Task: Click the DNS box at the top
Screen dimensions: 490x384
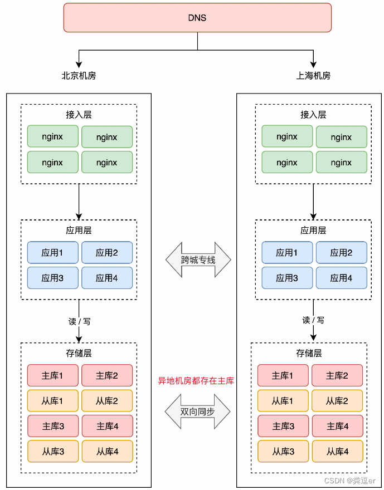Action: click(197, 17)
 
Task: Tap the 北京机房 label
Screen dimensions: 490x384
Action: click(79, 76)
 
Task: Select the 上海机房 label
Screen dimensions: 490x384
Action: click(313, 76)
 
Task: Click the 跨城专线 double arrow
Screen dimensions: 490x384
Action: click(198, 259)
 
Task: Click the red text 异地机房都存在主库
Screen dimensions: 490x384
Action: click(196, 381)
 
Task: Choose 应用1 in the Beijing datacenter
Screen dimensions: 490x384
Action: click(52, 252)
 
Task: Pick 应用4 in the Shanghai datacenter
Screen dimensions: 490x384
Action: click(341, 277)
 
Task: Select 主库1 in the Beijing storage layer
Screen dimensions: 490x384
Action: click(52, 375)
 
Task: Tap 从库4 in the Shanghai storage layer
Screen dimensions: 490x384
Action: click(337, 452)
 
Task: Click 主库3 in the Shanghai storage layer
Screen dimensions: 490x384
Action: click(283, 426)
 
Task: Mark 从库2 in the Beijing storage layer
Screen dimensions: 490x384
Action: click(107, 400)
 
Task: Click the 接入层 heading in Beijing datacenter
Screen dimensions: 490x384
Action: click(79, 115)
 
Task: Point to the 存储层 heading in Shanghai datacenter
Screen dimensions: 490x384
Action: click(309, 353)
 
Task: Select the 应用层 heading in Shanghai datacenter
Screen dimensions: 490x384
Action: click(313, 230)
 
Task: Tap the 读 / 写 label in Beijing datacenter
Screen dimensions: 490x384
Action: click(79, 321)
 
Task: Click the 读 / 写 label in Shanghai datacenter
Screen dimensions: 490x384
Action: click(313, 320)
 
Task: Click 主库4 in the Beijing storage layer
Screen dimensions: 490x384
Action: click(107, 426)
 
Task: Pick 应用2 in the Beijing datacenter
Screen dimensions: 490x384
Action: click(107, 252)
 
